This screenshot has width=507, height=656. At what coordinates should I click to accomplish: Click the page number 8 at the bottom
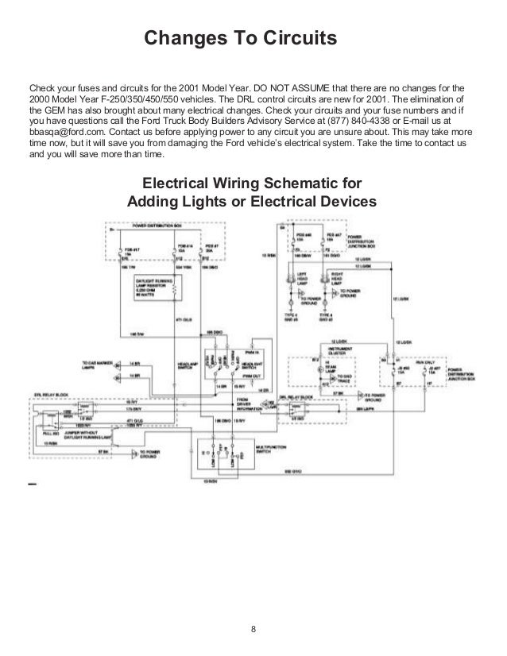(x=253, y=631)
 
